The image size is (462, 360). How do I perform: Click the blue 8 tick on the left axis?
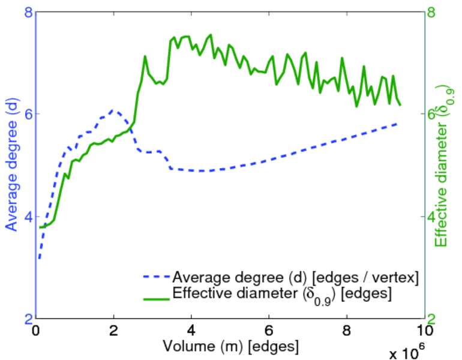click(28, 11)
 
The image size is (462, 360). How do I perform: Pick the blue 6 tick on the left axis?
click(28, 114)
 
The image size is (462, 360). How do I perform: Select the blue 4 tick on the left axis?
click(28, 216)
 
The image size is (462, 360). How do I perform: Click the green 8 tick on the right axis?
click(431, 11)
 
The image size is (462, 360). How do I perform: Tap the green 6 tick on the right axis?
click(431, 114)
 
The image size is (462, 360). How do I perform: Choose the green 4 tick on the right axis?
click(431, 216)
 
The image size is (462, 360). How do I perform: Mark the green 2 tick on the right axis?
click(431, 318)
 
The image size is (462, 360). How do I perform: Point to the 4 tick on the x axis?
click(191, 329)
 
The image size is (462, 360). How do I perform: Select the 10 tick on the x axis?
click(424, 329)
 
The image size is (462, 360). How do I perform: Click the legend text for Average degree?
click(295, 278)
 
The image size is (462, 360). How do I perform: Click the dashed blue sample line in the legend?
click(155, 278)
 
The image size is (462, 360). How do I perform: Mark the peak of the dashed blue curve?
click(113, 110)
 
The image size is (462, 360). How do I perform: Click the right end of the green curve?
click(400, 105)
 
